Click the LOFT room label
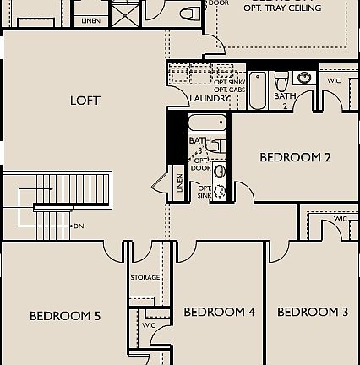[x=85, y=101]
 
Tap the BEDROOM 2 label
[x=295, y=157]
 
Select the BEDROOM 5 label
[x=65, y=316]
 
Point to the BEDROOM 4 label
[x=219, y=312]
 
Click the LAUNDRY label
[x=210, y=99]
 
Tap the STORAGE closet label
[x=145, y=277]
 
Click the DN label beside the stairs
[x=79, y=226]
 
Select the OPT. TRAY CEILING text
[x=282, y=8]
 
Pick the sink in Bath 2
[x=304, y=79]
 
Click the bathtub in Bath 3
[x=207, y=124]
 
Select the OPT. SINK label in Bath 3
[x=204, y=192]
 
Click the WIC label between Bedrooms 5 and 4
[x=149, y=324]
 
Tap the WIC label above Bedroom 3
[x=341, y=219]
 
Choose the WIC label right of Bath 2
[x=333, y=80]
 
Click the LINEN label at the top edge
[x=90, y=19]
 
